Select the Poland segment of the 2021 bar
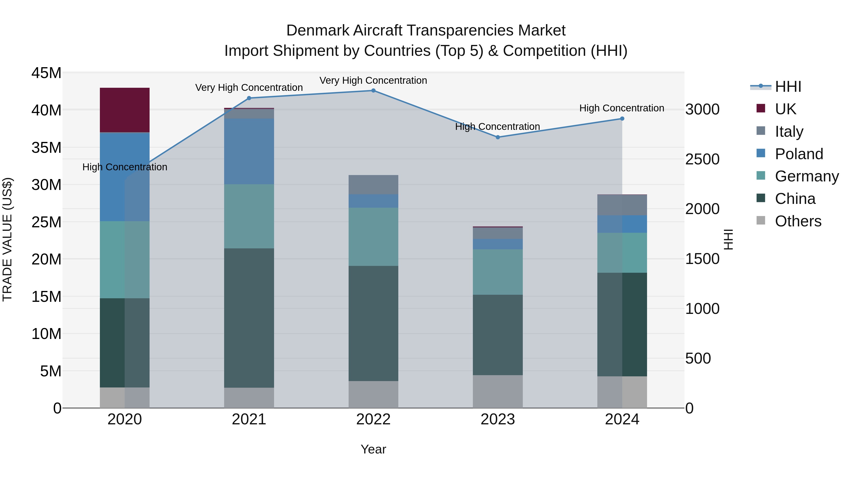[249, 151]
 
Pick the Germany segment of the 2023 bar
[497, 272]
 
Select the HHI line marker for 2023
[497, 137]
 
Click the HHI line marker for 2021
[249, 98]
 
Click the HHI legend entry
[788, 87]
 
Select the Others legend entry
[798, 221]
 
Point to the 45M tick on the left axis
[46, 73]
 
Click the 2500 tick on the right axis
[702, 159]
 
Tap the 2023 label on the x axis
[497, 419]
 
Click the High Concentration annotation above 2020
[125, 167]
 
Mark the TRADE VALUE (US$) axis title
[7, 239]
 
